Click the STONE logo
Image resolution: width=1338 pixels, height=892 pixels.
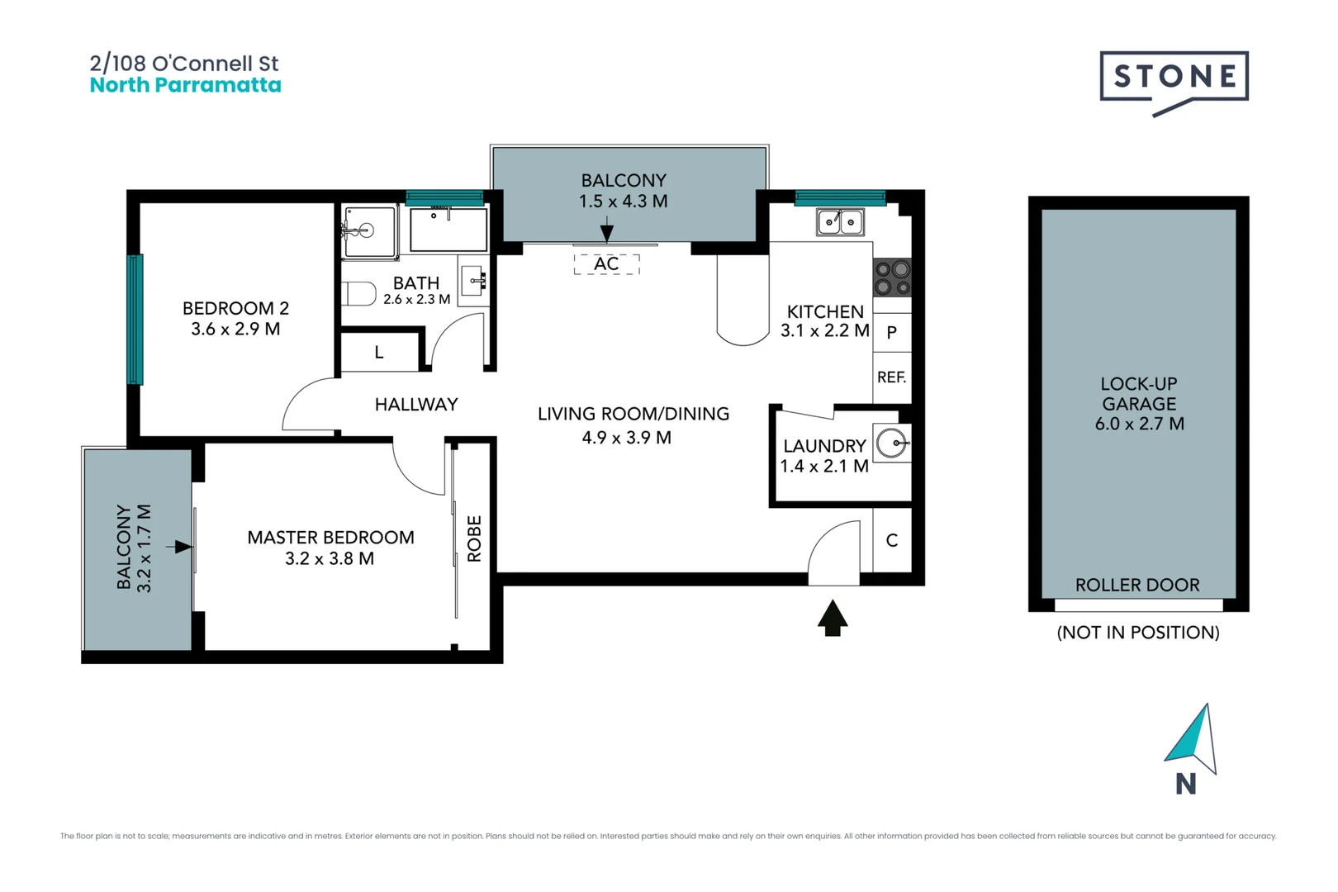[1173, 78]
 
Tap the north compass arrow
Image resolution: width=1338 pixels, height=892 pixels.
[1192, 738]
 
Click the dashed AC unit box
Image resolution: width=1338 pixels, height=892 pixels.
[606, 263]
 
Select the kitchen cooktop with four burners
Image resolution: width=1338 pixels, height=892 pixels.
[892, 278]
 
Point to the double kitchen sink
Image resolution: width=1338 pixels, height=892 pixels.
[840, 222]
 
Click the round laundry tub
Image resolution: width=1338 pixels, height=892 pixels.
[891, 444]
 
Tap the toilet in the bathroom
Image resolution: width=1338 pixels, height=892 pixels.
[358, 292]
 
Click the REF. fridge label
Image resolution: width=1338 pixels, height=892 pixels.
[891, 377]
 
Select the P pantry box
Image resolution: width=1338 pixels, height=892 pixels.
[892, 333]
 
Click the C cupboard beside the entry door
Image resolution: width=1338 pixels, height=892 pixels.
[892, 540]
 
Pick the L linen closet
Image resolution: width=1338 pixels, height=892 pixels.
[379, 353]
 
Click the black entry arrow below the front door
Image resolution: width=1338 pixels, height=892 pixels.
[833, 618]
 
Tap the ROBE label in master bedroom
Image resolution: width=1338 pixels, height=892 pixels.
[474, 539]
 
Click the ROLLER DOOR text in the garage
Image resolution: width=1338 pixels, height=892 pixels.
[1137, 585]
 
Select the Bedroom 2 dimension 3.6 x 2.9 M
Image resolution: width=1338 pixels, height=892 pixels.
[235, 329]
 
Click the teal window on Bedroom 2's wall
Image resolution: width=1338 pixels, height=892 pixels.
[135, 319]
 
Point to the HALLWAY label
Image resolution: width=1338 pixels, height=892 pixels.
[416, 405]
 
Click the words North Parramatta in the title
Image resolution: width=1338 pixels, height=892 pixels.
[185, 85]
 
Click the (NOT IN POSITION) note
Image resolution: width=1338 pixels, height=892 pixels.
[1137, 633]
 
